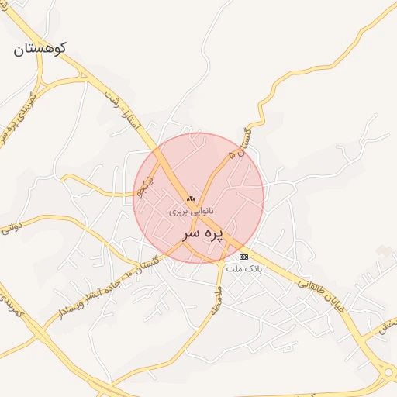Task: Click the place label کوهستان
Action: click(40, 48)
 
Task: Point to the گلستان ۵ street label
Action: click(241, 143)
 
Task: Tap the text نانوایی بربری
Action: click(192, 210)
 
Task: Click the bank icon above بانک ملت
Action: click(244, 257)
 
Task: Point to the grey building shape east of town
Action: click(383, 250)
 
